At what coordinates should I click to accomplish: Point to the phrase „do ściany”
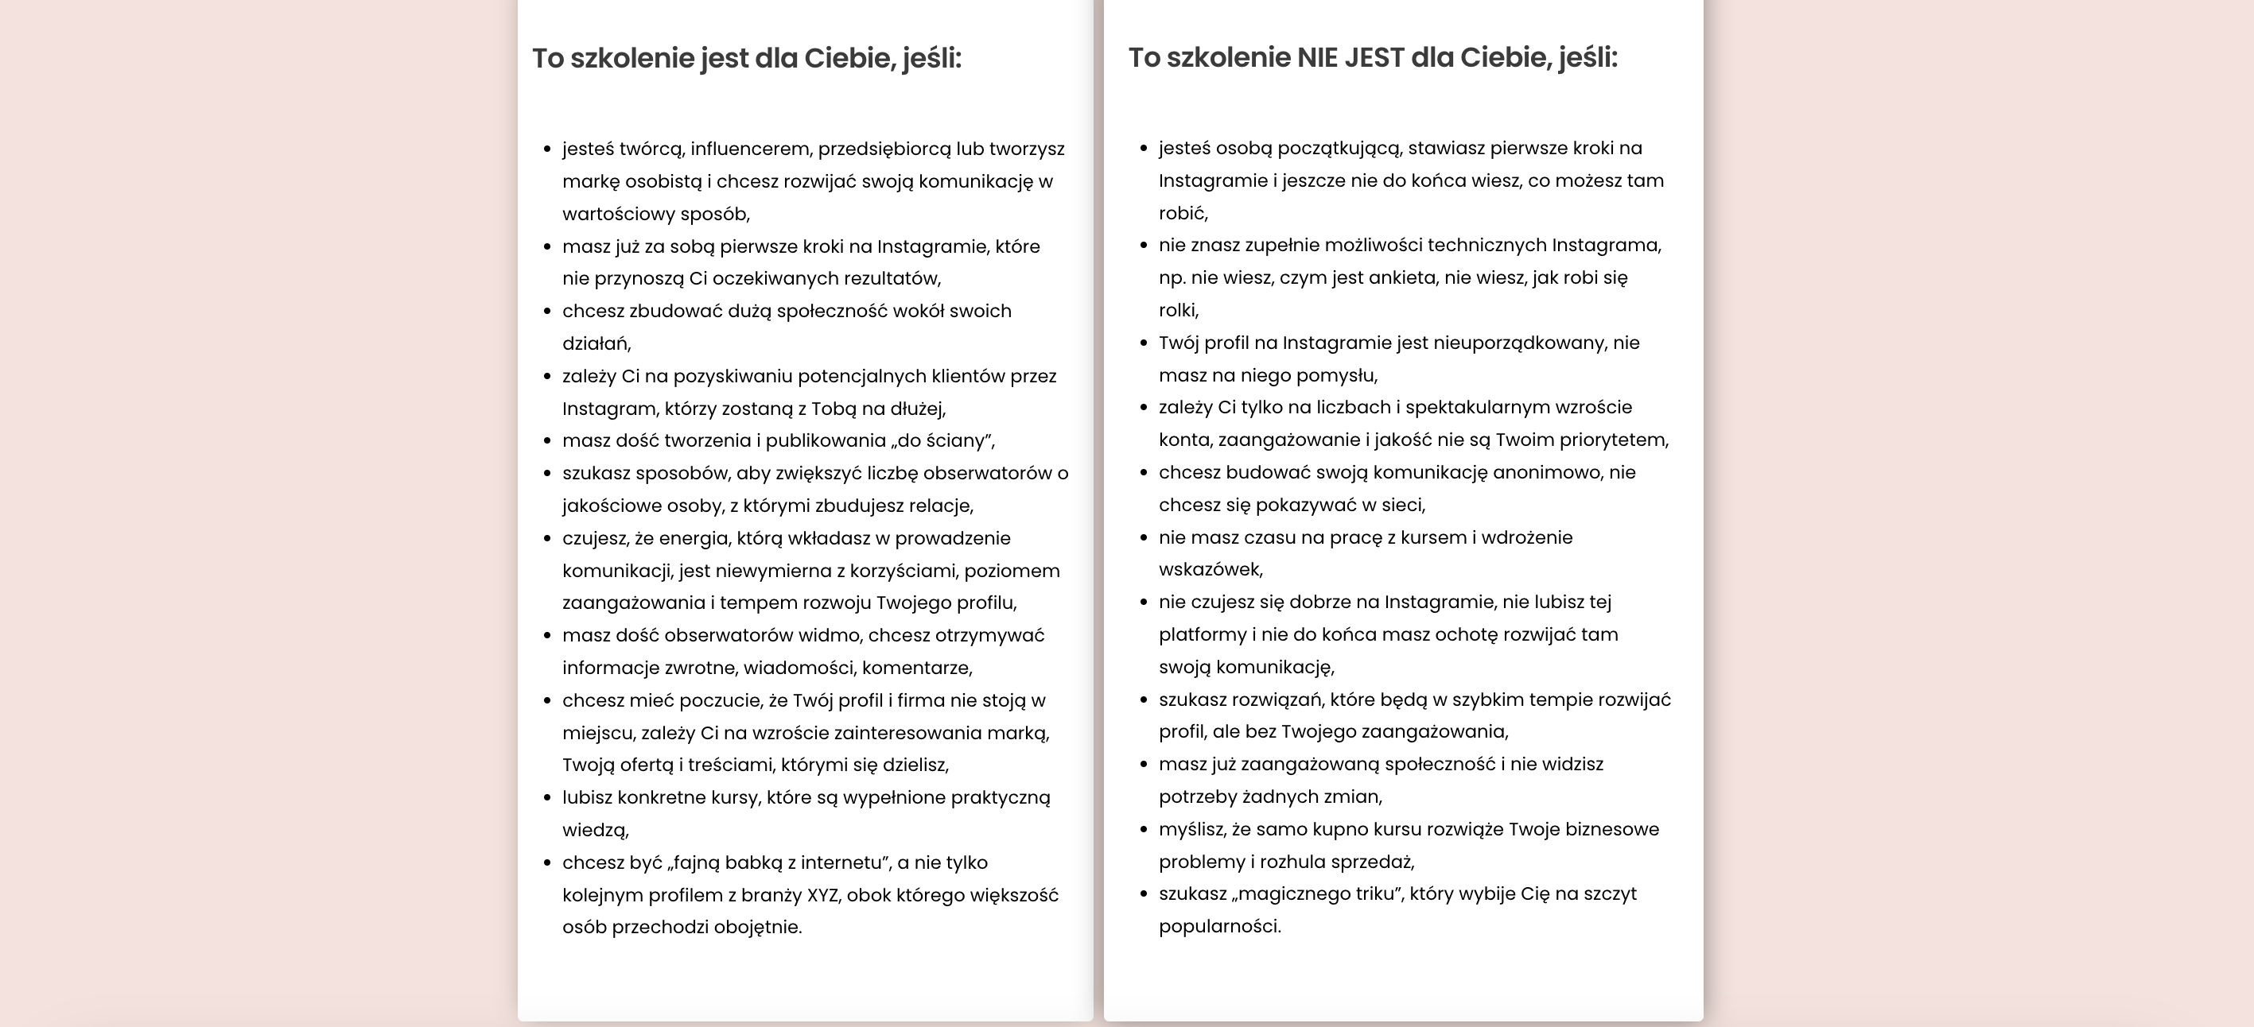tap(942, 441)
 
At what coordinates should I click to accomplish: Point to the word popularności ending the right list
tap(1219, 926)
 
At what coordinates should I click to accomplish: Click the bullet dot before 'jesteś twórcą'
tap(548, 149)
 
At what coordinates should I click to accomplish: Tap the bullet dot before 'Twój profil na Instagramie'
tap(1144, 343)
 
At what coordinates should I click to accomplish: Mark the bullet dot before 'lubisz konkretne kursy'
tap(548, 798)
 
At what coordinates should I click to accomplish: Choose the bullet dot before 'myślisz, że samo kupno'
tap(1144, 829)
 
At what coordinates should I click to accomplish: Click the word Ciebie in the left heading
tap(848, 59)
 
